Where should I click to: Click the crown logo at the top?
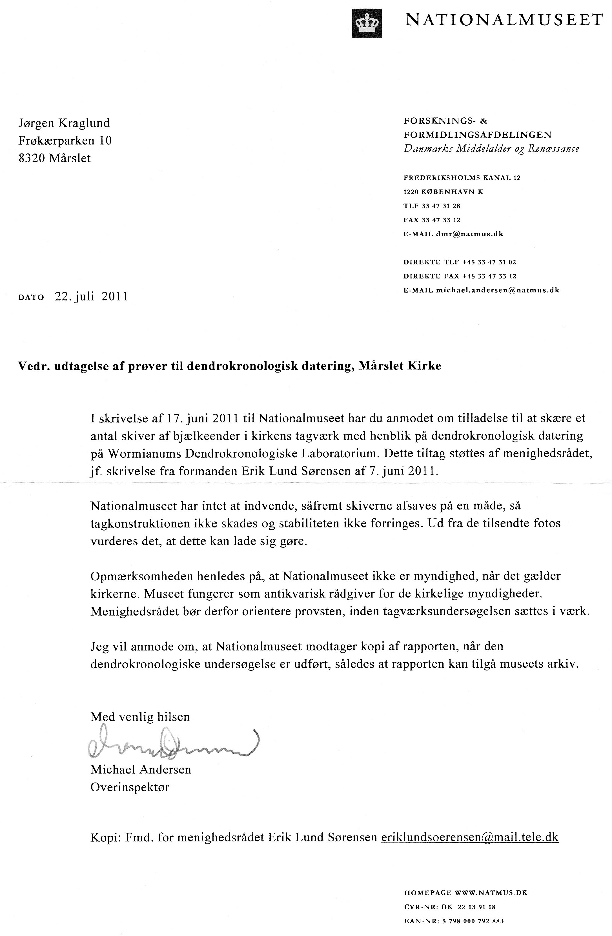(367, 24)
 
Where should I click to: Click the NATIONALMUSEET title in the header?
(504, 20)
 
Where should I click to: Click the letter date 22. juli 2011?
(91, 297)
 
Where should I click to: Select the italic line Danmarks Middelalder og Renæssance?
(491, 149)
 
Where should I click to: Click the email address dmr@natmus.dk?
(469, 234)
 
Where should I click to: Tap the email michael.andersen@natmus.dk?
(498, 291)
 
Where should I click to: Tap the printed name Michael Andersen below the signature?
(141, 769)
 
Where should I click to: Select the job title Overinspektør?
(130, 787)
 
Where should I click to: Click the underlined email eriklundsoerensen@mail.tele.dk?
(469, 837)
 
